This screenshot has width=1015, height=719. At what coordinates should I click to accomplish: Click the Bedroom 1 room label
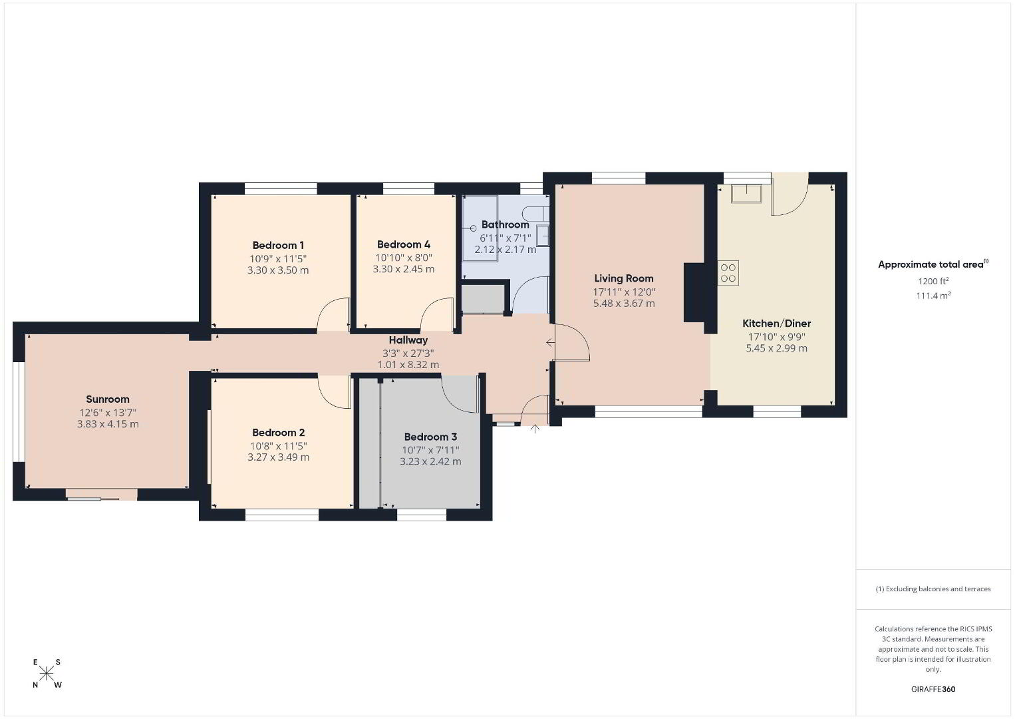tap(278, 246)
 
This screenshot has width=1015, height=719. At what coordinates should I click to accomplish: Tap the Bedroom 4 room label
tap(403, 244)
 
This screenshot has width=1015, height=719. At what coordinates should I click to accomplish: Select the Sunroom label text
tap(108, 399)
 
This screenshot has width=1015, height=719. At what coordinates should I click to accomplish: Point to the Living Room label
tap(623, 278)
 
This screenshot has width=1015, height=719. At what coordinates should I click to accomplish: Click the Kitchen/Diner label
tap(776, 324)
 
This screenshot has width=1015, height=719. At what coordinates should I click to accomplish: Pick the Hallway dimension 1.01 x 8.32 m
tap(408, 365)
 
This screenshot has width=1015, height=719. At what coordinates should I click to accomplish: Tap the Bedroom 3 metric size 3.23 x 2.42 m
tap(430, 462)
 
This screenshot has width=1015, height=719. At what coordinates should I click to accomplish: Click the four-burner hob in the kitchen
tap(728, 273)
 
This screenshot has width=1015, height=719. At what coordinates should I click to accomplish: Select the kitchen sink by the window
tap(746, 194)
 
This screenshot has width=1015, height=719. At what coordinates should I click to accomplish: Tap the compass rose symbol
tap(46, 674)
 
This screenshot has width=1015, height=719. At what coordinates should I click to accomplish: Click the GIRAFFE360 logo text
tap(933, 689)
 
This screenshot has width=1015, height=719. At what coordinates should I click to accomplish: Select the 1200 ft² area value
tap(933, 281)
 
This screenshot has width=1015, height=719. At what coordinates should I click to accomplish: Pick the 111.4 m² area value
tap(933, 296)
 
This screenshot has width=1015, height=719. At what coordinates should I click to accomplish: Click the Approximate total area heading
tap(933, 264)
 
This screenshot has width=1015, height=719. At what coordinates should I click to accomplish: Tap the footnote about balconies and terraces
tap(933, 589)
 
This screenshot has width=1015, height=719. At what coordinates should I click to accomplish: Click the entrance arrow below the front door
tap(535, 429)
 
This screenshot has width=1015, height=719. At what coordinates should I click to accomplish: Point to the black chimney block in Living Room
tap(694, 292)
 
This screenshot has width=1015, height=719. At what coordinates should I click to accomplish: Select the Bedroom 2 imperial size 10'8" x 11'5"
tap(278, 446)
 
